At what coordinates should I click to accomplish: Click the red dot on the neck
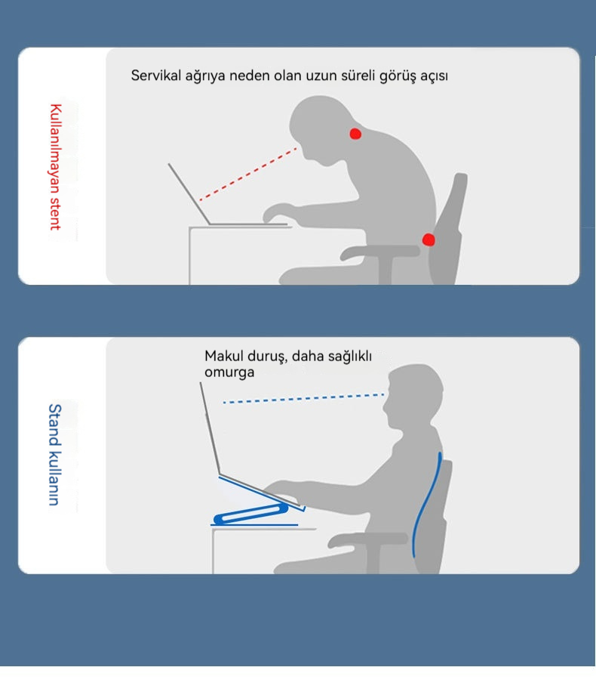355,134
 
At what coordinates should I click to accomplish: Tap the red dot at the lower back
429,239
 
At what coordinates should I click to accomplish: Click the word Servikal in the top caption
156,76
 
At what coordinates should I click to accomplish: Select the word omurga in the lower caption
229,372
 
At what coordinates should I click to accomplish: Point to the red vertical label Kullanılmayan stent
56,167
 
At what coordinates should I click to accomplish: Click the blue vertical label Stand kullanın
54,455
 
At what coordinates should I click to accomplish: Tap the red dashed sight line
247,175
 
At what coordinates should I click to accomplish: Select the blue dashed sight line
303,398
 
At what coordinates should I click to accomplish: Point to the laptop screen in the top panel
189,193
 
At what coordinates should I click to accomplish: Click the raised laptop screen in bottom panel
210,428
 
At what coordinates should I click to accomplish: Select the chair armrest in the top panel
380,252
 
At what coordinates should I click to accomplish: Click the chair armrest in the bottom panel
367,539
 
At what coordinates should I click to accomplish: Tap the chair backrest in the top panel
447,227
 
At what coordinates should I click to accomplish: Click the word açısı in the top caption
434,76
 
